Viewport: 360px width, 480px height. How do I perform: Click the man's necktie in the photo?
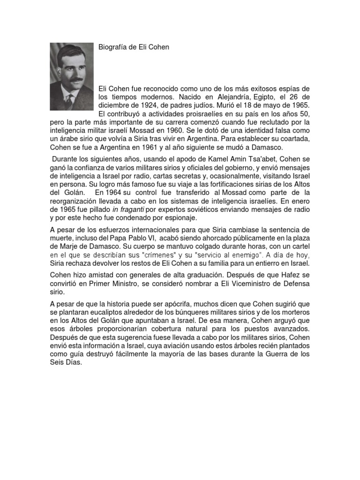[69, 100]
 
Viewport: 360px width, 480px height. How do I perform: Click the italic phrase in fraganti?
[128, 210]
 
